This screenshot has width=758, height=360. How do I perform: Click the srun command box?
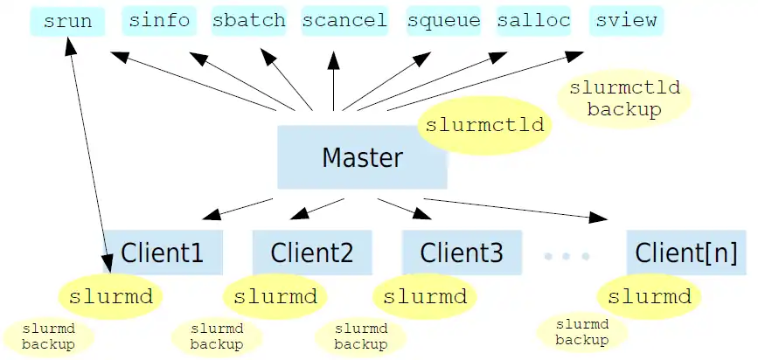click(67, 20)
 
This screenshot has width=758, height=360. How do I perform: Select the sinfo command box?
click(159, 20)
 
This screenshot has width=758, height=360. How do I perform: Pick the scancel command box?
click(344, 20)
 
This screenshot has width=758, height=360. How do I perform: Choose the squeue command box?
click(444, 20)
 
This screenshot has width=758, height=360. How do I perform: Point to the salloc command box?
click(533, 20)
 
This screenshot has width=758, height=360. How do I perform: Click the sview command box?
click(624, 20)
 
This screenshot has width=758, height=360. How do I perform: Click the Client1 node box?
click(163, 253)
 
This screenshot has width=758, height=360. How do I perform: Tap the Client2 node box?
click(312, 253)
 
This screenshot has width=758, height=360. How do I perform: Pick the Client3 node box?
click(462, 253)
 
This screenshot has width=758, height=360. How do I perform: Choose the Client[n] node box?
click(686, 253)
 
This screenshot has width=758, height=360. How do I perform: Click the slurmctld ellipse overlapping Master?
click(485, 125)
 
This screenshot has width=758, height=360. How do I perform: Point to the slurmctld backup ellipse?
click(624, 100)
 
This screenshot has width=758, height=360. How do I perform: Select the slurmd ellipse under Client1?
click(110, 297)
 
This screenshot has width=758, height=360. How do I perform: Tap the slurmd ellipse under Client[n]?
click(650, 297)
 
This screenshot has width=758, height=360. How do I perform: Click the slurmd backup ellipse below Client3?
click(361, 337)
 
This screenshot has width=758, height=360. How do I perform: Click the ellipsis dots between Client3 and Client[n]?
click(567, 256)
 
